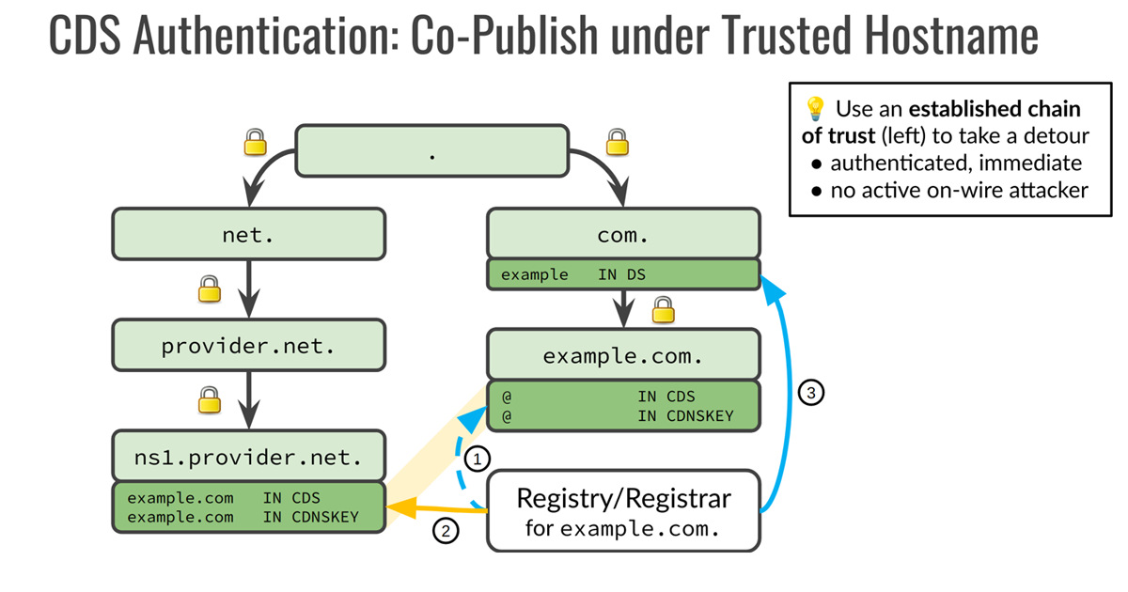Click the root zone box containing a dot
tap(431, 151)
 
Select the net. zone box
tap(248, 234)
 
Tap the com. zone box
tap(622, 234)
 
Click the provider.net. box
tap(248, 345)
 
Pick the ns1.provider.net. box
tap(248, 458)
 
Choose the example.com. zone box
tap(622, 355)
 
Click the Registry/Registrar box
tap(622, 509)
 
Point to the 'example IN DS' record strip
tap(622, 274)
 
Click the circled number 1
tap(478, 460)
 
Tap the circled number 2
tap(446, 531)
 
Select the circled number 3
tap(809, 392)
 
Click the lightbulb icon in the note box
tap(813, 108)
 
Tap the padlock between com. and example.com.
tap(664, 307)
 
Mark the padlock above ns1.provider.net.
tap(209, 400)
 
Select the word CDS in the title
tap(86, 38)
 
